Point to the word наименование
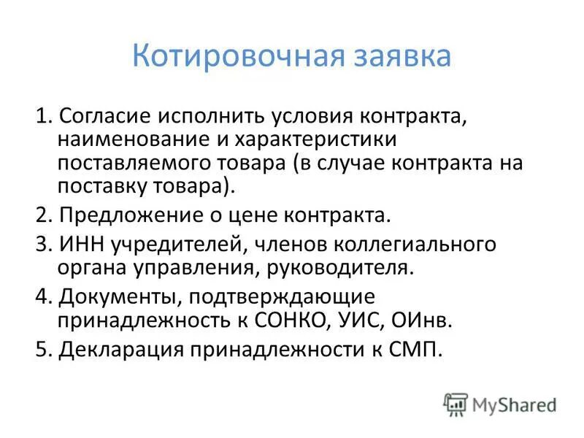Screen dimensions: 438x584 134,139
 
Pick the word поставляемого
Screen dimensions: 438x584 138,162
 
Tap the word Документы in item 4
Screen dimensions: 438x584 112,297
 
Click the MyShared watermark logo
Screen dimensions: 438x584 500,404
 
